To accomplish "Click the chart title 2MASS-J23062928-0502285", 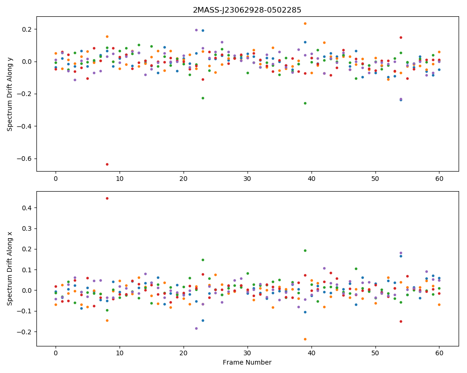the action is point(247,10).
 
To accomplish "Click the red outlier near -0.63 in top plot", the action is point(107,164).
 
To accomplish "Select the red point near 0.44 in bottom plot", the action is point(107,199).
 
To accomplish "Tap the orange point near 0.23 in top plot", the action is point(305,23).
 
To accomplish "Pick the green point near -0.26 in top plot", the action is point(305,103).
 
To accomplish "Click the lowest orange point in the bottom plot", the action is point(305,339).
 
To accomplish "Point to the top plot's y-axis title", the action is point(9,94).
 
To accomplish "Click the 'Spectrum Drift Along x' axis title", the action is point(9,269).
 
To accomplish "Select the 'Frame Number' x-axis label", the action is point(247,362).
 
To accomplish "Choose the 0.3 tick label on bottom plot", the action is point(28,228).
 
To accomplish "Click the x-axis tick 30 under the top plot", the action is point(247,179).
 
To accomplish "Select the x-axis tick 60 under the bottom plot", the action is point(439,353).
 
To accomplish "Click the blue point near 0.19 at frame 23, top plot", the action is point(203,31).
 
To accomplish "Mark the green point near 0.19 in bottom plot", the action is point(305,250).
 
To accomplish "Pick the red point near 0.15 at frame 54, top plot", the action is point(401,37).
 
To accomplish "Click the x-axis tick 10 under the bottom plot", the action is point(120,353).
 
